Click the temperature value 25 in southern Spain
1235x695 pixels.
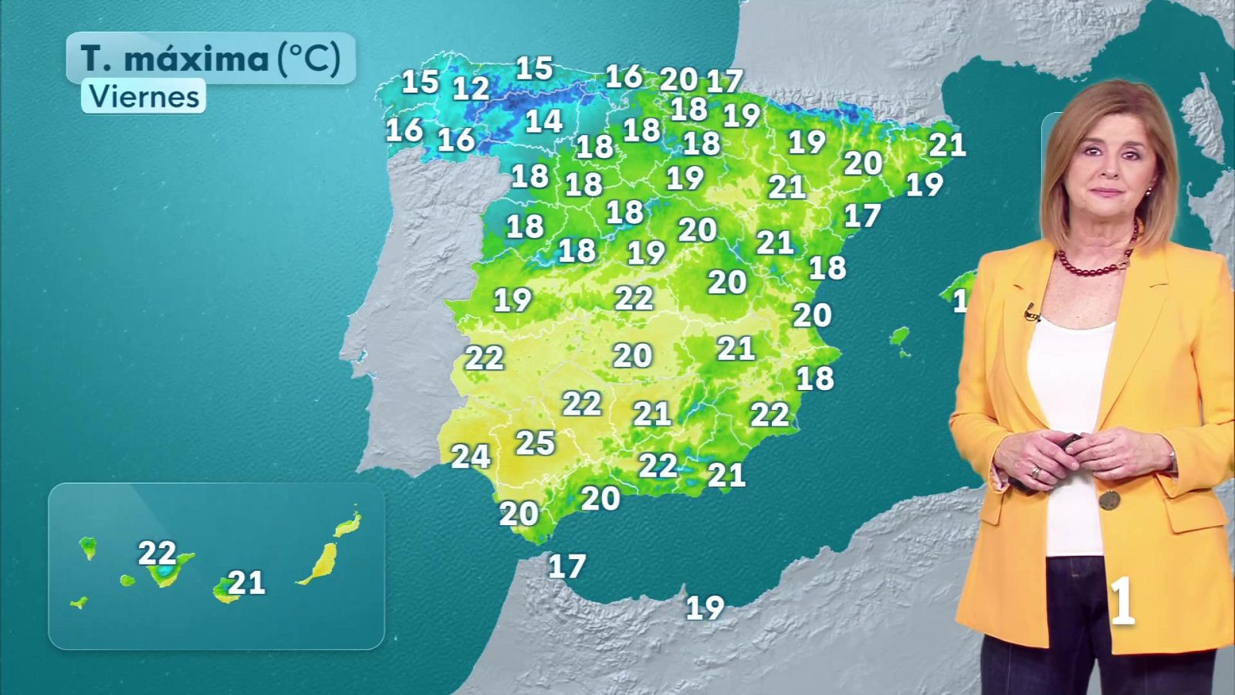pos(535,443)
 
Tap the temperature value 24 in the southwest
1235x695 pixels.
pos(470,456)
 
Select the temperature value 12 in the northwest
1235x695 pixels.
pos(470,89)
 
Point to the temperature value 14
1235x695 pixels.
pos(543,121)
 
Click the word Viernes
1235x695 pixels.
pos(144,97)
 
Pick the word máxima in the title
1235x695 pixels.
pos(196,59)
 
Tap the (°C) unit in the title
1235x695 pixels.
pos(309,58)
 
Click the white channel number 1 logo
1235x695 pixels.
pos(1122,602)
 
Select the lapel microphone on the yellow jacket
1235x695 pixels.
pos(1031,313)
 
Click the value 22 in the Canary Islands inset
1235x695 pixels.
pos(157,553)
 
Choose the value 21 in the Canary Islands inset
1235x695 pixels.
pos(247,582)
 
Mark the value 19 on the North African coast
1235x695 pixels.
pos(705,609)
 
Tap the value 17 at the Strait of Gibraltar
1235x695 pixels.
pos(567,567)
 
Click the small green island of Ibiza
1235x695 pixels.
pos(899,338)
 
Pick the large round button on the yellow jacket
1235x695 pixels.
pos(1109,500)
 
